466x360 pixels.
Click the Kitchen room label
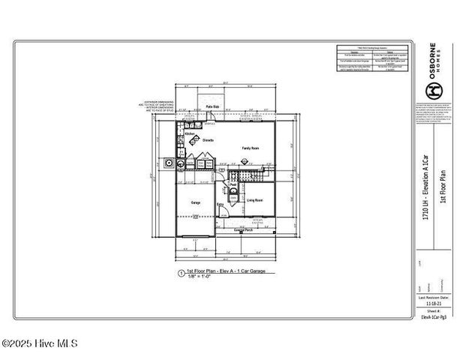pos(180,134)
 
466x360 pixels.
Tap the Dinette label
pos(208,141)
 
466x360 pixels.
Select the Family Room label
pos(251,148)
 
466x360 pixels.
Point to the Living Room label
pos(254,200)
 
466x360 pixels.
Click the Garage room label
pos(195,202)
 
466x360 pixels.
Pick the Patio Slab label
pos(212,107)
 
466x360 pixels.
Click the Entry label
pos(221,204)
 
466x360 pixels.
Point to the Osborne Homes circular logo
pos(433,90)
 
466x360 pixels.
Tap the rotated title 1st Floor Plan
pos(443,184)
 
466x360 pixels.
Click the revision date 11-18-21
pos(434,305)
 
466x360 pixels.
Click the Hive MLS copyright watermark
pos(39,344)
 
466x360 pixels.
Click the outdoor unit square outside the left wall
pos(169,162)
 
